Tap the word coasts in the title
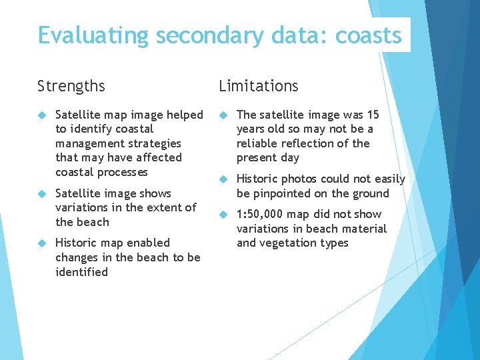369,35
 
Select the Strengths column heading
71,86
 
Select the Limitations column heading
259,86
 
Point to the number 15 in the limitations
373,115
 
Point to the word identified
81,272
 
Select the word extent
163,207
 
